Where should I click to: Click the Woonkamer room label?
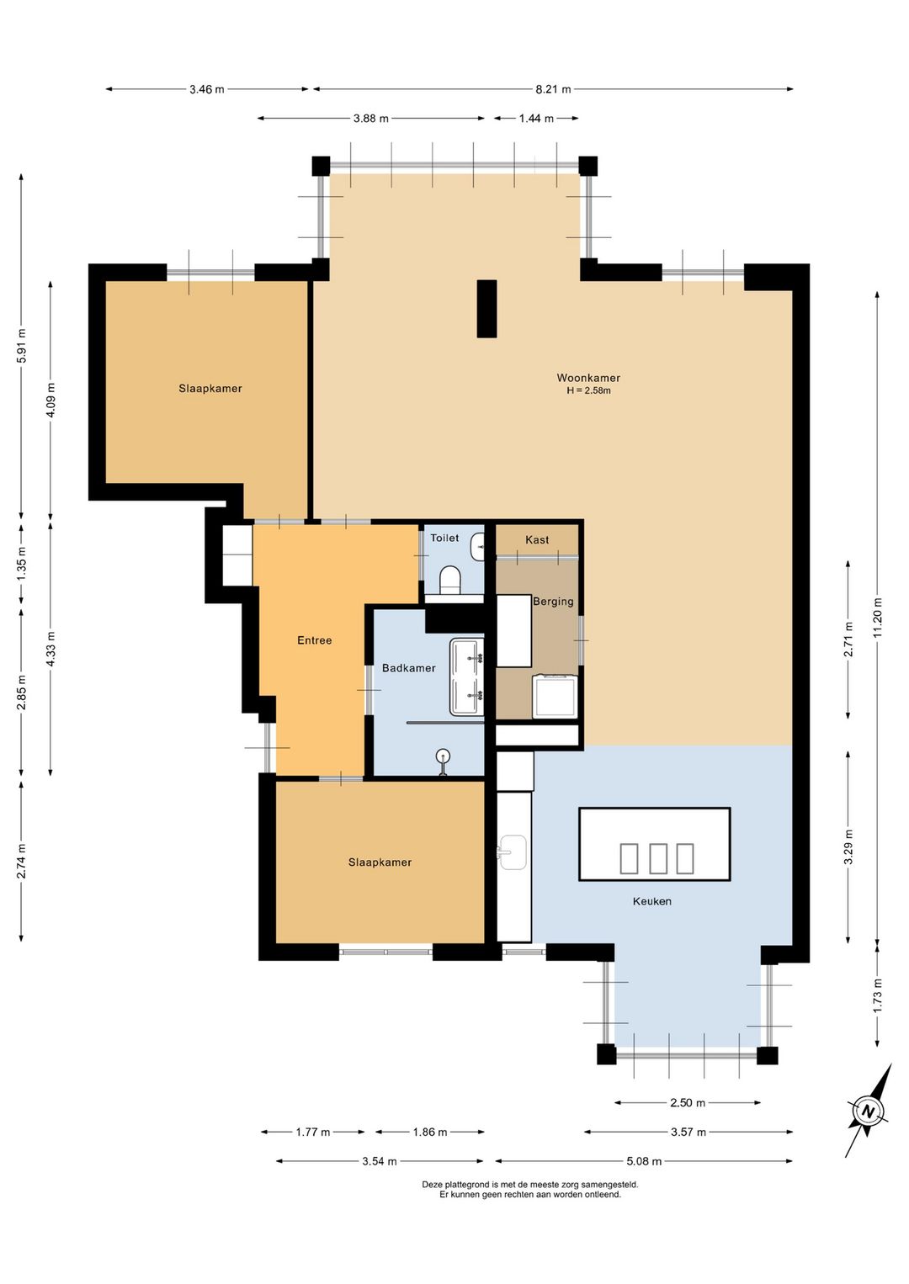click(x=588, y=378)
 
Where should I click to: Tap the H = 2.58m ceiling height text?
click(x=588, y=391)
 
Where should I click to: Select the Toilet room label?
click(x=444, y=538)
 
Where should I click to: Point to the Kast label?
click(x=537, y=539)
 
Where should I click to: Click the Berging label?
click(x=553, y=602)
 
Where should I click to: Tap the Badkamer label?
click(x=408, y=668)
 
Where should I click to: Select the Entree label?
click(x=314, y=640)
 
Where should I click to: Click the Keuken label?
click(x=652, y=901)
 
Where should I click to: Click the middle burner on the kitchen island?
click(x=657, y=858)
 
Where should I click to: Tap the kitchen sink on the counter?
click(x=513, y=852)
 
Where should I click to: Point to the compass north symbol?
click(x=869, y=1112)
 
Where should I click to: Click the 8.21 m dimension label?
click(x=553, y=89)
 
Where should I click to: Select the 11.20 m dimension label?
click(x=877, y=616)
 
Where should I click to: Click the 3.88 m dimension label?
click(x=370, y=119)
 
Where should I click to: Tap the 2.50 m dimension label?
click(x=687, y=1102)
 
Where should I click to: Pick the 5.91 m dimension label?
click(x=21, y=345)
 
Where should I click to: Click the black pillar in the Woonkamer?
click(x=486, y=309)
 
